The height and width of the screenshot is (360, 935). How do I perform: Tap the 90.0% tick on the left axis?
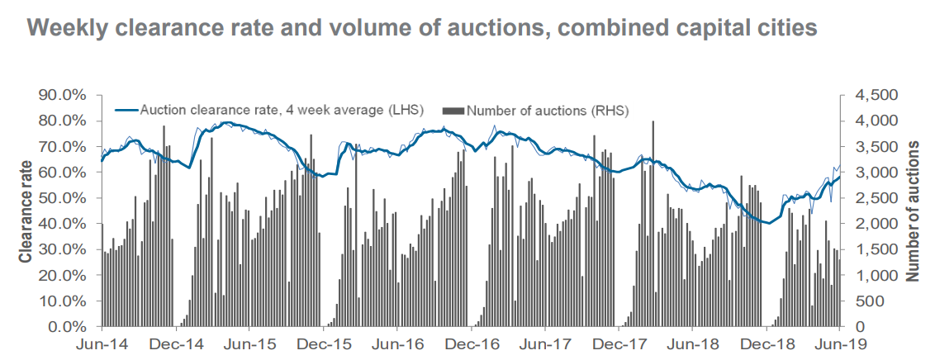[x=63, y=95]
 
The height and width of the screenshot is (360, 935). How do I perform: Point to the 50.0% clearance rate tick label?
[x=63, y=198]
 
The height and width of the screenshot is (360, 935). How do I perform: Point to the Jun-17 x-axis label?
[x=545, y=343]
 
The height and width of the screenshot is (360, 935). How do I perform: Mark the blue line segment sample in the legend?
[x=126, y=110]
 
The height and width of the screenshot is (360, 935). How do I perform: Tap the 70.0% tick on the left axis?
[x=63, y=147]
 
